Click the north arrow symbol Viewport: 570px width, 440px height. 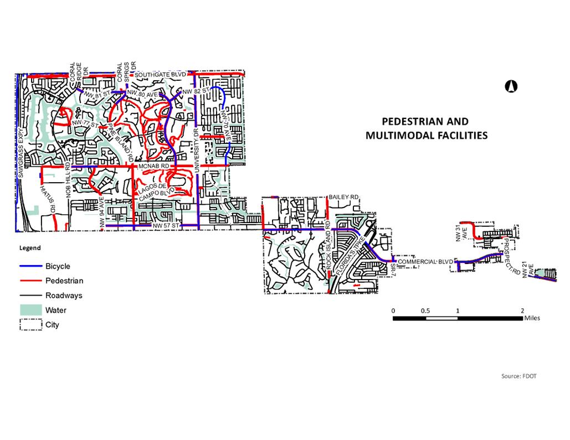(x=511, y=86)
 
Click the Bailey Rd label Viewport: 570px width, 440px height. (x=344, y=197)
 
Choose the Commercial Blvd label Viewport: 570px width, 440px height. (x=425, y=261)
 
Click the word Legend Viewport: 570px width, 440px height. (x=30, y=248)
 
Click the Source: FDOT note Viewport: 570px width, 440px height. (x=518, y=376)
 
